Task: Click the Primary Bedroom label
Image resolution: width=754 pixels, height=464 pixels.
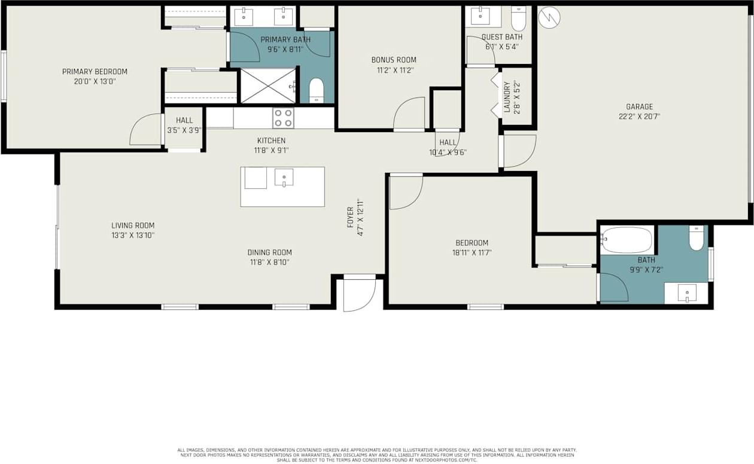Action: pos(95,72)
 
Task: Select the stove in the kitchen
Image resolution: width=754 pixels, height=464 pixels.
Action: pos(283,118)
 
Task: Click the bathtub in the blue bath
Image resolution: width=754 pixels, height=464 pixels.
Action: pos(627,240)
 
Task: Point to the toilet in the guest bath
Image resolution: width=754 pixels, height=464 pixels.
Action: pos(518,19)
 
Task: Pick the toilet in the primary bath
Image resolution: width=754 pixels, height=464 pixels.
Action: pos(316,90)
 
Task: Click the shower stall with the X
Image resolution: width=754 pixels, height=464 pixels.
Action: pos(268,86)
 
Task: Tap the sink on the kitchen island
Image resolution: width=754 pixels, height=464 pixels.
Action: pos(284,177)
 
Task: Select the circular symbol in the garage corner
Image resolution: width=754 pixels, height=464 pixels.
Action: pos(549,17)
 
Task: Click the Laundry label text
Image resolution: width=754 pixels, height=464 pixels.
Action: pos(507,97)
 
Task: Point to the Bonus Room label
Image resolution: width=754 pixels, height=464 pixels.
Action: pos(393,60)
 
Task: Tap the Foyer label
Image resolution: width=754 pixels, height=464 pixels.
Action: pos(351,218)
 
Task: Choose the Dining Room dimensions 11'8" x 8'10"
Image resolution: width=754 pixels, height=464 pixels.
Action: pos(269,262)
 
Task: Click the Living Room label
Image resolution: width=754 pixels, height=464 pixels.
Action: pos(133,225)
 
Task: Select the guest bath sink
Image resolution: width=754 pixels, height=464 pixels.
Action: pos(480,16)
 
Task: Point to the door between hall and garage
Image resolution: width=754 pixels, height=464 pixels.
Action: pos(518,151)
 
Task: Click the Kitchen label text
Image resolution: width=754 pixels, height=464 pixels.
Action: pos(271,141)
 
